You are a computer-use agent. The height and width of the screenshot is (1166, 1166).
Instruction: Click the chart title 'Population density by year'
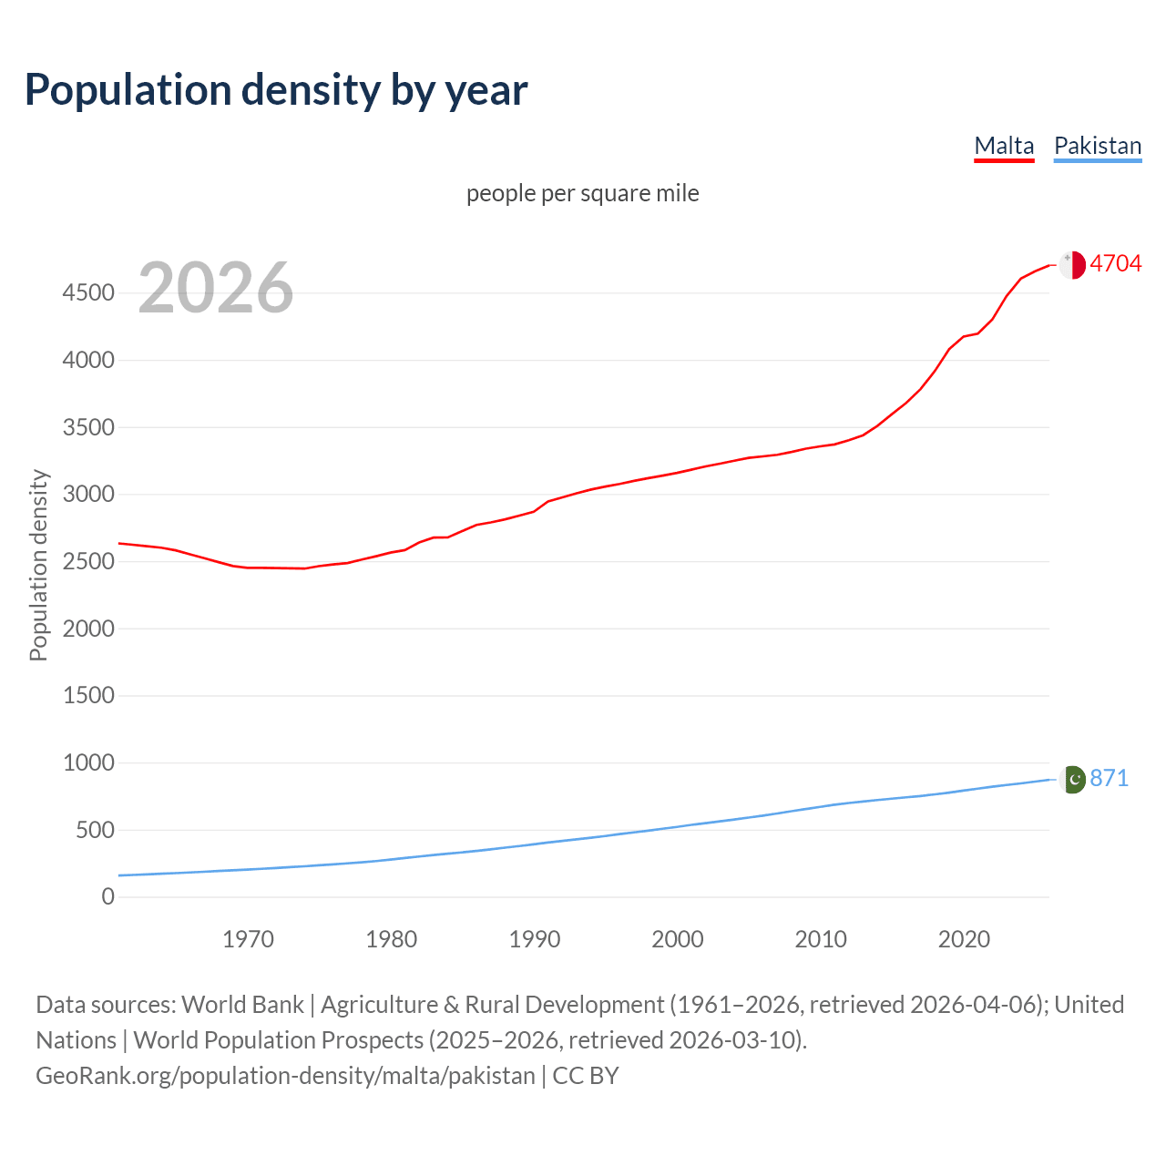click(276, 89)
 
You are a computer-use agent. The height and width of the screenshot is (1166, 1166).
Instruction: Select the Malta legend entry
click(1004, 146)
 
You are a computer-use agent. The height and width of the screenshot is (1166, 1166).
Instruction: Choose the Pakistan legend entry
click(1097, 146)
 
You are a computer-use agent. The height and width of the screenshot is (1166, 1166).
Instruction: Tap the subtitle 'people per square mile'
click(582, 193)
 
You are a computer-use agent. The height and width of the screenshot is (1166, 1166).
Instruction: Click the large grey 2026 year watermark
click(216, 288)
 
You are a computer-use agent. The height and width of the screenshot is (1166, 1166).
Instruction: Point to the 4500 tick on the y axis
click(88, 293)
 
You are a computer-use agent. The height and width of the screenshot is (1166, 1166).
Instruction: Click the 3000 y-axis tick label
click(88, 495)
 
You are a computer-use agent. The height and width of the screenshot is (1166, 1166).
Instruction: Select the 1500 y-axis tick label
click(88, 696)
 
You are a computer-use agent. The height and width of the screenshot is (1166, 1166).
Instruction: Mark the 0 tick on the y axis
click(108, 897)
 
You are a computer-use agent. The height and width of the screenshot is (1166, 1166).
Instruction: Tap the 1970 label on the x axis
click(248, 939)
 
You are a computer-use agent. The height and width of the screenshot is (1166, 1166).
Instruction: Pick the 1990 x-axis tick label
click(535, 939)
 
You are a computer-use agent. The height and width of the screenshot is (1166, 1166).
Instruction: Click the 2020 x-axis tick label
click(964, 939)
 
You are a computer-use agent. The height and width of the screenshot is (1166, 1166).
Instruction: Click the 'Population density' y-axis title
click(38, 565)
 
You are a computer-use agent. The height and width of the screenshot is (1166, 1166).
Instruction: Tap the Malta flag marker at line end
click(1072, 264)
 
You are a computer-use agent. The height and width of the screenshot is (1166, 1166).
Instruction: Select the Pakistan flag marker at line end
click(1073, 779)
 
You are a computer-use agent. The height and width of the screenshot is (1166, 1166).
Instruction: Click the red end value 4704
click(1115, 263)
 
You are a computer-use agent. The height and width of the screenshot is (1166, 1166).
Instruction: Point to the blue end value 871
click(1109, 778)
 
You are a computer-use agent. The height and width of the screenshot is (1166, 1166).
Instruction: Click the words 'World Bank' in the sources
click(242, 1005)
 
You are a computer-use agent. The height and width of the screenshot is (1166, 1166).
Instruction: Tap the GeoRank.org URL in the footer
click(285, 1076)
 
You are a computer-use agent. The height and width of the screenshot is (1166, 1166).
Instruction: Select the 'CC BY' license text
click(586, 1076)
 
